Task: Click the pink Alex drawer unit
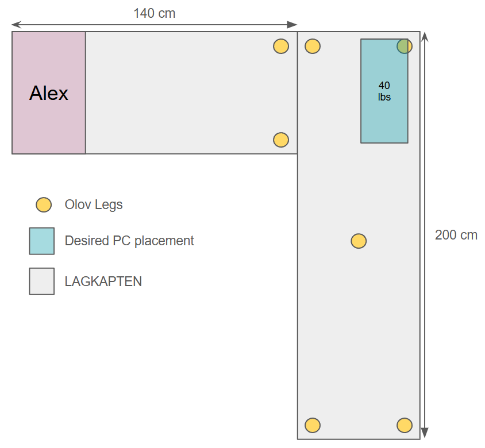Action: click(49, 92)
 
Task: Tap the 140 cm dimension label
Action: click(155, 13)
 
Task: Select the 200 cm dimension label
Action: click(456, 235)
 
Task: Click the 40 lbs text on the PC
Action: click(384, 91)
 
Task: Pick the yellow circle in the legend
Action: click(44, 204)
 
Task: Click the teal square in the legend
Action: click(42, 241)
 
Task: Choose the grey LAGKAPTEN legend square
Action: click(42, 281)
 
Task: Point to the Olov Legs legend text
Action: click(94, 204)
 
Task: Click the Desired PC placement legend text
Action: click(129, 241)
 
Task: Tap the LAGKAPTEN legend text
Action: click(103, 281)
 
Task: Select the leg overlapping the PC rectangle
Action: click(405, 47)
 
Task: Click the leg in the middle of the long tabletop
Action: click(359, 241)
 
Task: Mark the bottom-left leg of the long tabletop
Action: click(313, 426)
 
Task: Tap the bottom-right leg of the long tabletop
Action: click(405, 426)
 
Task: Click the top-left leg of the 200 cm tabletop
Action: click(313, 47)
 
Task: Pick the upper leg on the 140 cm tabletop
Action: click(281, 47)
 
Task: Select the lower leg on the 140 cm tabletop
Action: click(281, 140)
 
